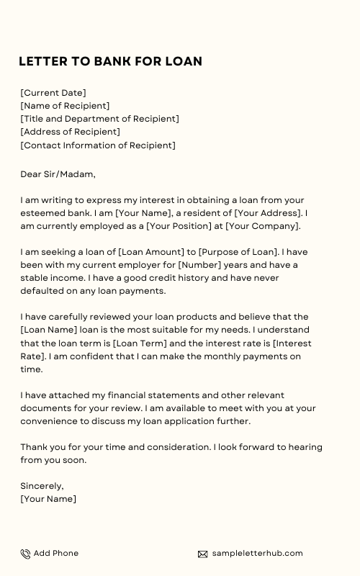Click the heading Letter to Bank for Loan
point(110,61)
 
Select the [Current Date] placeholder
point(53,93)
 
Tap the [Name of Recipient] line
point(65,106)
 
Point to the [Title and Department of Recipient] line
point(99,119)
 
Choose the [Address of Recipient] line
point(70,132)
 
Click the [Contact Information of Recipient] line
point(97,145)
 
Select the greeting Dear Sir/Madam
point(58,174)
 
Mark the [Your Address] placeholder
point(264,213)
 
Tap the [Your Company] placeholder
point(261,226)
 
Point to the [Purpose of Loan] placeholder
point(238,252)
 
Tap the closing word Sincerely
point(42,486)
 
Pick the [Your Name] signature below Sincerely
point(48,499)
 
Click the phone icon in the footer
point(25,554)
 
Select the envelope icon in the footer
point(202,554)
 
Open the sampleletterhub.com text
point(258,553)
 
